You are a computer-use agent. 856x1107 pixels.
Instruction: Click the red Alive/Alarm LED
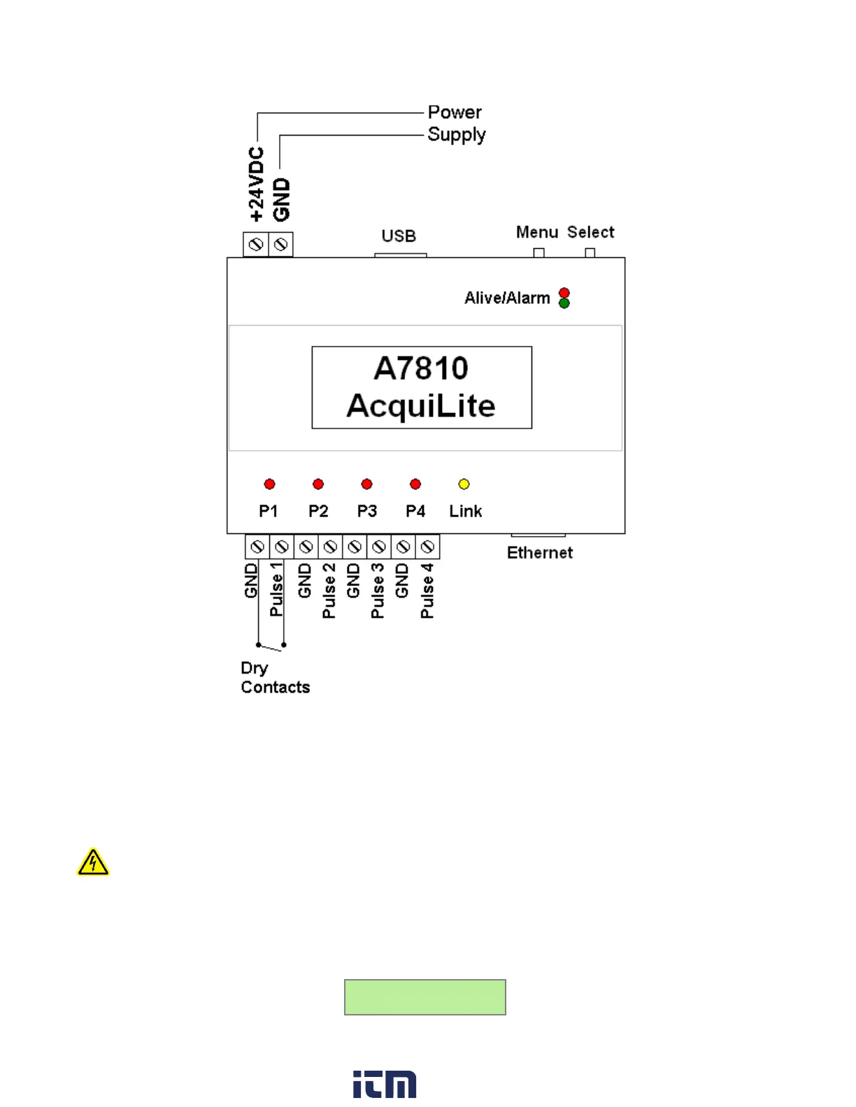[x=564, y=294]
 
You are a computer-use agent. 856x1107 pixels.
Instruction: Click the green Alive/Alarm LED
[x=564, y=303]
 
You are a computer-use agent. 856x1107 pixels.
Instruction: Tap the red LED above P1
[x=269, y=484]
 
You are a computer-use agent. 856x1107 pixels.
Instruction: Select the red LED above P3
[x=366, y=484]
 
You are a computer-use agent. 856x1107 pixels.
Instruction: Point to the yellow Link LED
[x=464, y=484]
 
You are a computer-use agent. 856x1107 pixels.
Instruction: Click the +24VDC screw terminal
[x=256, y=245]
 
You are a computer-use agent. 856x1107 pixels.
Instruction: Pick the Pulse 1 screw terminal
[x=281, y=547]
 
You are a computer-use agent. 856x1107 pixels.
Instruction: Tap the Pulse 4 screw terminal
[x=427, y=547]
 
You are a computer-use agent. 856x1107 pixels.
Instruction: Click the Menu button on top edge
[x=538, y=252]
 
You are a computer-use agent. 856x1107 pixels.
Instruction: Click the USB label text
[x=399, y=236]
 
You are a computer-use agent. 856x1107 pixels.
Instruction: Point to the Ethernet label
[x=539, y=553]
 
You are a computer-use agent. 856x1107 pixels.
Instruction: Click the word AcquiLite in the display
[x=421, y=406]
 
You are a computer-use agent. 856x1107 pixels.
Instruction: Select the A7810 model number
[x=421, y=368]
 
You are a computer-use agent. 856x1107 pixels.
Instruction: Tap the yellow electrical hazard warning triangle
[x=93, y=863]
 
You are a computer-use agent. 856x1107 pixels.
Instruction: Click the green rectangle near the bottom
[x=425, y=997]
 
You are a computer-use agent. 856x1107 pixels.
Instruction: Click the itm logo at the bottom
[x=385, y=1084]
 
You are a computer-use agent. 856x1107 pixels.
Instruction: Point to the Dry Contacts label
[x=275, y=677]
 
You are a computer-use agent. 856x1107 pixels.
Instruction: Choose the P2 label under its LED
[x=318, y=511]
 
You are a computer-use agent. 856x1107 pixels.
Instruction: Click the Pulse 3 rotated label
[x=378, y=591]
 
